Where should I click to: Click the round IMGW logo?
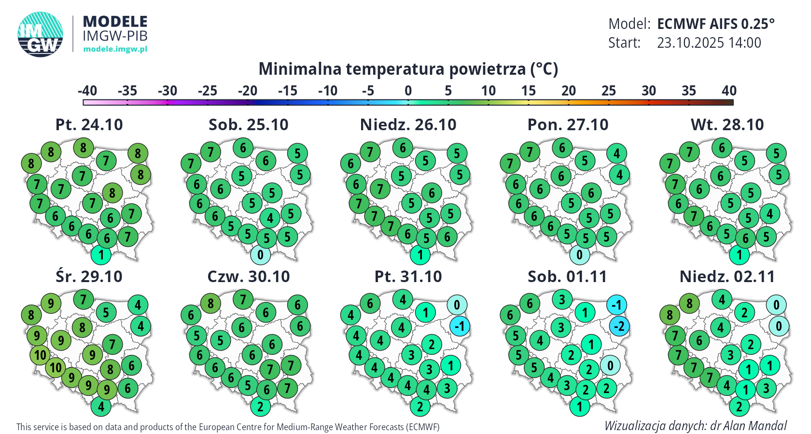point(41,34)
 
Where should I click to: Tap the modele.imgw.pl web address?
point(115,49)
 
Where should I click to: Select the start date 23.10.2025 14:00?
point(709,43)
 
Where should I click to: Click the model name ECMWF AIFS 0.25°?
point(715,24)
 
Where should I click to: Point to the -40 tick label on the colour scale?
point(87,91)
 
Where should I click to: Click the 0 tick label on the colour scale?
point(408,91)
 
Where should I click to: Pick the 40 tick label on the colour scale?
point(729,91)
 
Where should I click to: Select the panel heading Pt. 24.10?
point(89,125)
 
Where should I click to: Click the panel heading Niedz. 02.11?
point(727,277)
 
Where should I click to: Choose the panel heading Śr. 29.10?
point(89,277)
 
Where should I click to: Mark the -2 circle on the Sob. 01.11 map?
point(619,326)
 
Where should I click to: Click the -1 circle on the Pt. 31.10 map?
point(460,326)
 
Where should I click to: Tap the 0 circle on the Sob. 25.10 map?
point(260,255)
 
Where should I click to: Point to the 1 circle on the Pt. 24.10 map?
point(101,255)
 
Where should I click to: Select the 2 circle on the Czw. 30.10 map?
point(260,407)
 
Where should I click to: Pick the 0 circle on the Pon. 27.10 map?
point(579,255)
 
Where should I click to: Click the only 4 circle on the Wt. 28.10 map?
point(769,213)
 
